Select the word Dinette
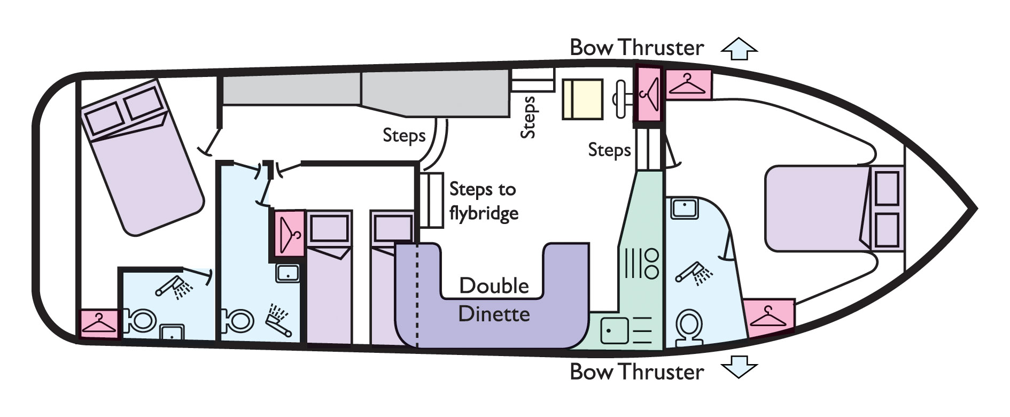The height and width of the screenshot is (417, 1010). tap(494, 314)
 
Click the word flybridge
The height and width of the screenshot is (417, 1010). tap(484, 213)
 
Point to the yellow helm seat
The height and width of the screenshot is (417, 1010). tap(582, 99)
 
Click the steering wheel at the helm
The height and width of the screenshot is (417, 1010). tap(622, 99)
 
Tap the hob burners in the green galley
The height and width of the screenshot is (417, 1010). tap(640, 263)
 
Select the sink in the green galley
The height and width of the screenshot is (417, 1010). tap(614, 330)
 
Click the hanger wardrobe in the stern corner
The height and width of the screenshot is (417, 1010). tap(98, 323)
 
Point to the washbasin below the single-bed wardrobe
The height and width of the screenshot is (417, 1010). tap(288, 273)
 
